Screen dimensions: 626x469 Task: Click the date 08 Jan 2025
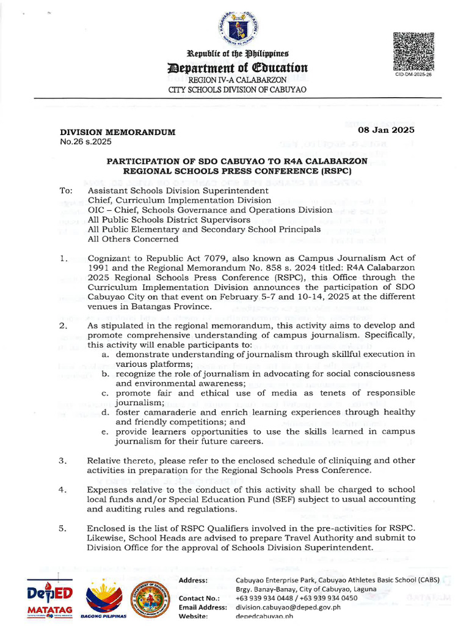[386, 130]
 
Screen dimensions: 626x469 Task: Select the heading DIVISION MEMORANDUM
[117, 132]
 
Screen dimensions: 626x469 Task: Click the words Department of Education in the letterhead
[238, 67]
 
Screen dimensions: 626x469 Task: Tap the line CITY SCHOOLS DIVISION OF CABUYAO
[238, 90]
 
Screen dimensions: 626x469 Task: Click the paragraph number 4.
[64, 490]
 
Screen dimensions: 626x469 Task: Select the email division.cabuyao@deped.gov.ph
[288, 607]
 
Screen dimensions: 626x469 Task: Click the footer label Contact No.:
[199, 598]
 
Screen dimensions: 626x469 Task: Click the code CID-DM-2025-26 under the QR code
[413, 73]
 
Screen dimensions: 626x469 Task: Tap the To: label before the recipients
[66, 191]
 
